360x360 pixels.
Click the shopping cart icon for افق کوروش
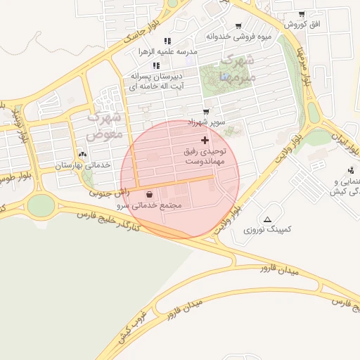pos(301,14)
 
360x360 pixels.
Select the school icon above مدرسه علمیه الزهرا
pos(167,41)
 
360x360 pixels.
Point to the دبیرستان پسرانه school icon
pos(156,65)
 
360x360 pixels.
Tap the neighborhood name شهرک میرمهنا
pos(234,67)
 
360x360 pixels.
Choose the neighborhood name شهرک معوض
pos(105,124)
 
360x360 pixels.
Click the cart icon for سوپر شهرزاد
pos(205,111)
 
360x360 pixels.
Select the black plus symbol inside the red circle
pos(205,141)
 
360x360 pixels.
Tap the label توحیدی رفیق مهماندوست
pos(205,156)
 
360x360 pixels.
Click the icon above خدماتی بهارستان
pos(83,154)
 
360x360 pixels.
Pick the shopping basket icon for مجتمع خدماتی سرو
pos(150,195)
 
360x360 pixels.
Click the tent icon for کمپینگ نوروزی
pos(267,219)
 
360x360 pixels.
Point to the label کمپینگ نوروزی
pos(267,229)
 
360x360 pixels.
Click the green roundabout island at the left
pos(41,205)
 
